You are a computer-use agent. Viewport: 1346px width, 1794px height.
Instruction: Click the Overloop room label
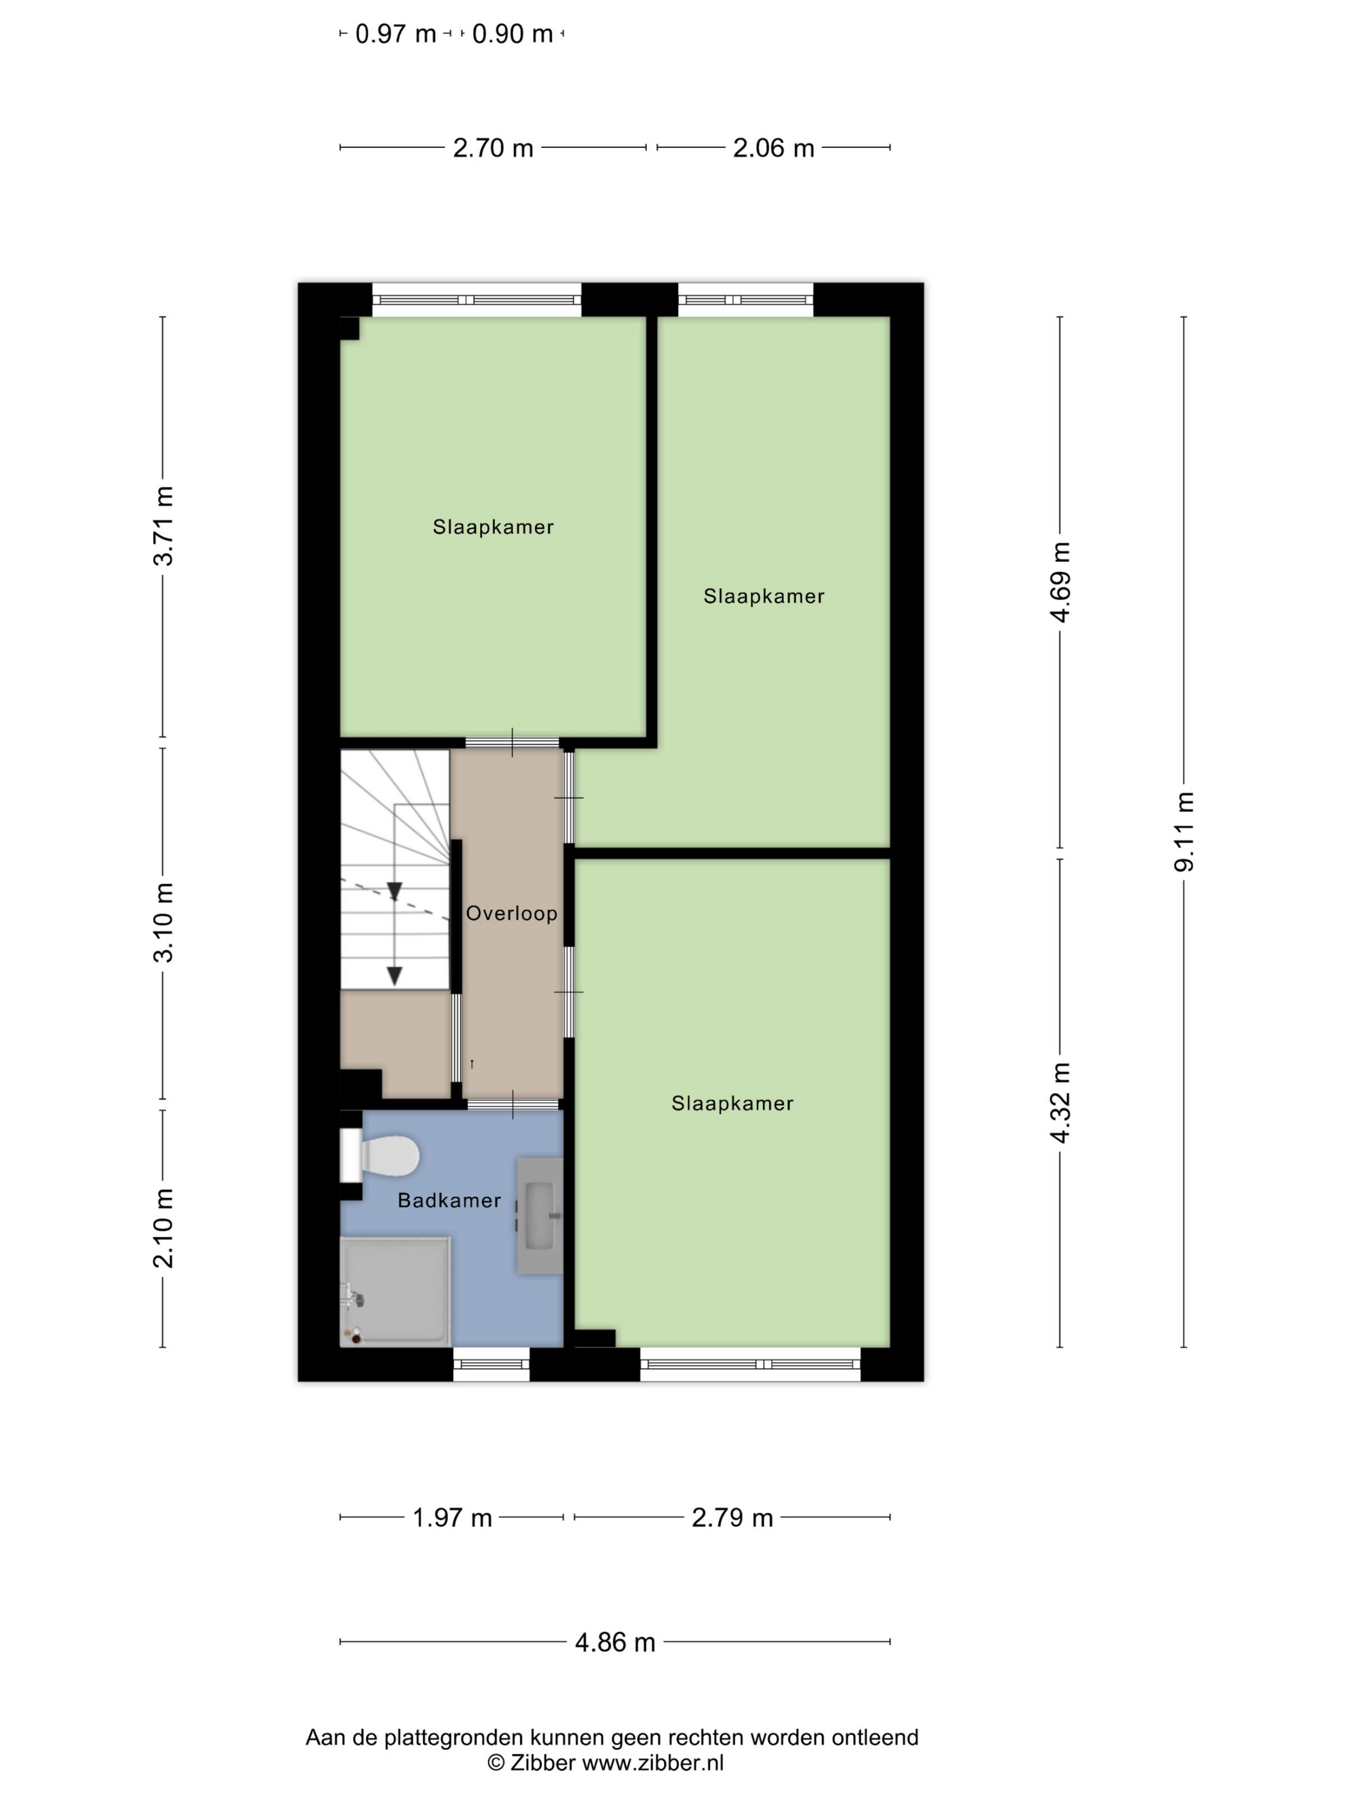pyautogui.click(x=511, y=913)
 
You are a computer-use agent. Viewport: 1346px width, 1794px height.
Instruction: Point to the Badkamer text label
pyautogui.click(x=449, y=1200)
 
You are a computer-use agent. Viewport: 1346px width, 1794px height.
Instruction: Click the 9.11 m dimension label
pyautogui.click(x=1184, y=831)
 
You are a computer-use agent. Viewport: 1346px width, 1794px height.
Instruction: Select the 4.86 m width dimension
pyautogui.click(x=615, y=1642)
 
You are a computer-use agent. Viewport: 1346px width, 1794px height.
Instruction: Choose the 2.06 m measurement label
pyautogui.click(x=773, y=147)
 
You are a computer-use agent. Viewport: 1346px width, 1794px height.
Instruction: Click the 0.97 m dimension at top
pyautogui.click(x=396, y=34)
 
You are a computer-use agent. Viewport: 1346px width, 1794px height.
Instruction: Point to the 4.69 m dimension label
pyautogui.click(x=1060, y=582)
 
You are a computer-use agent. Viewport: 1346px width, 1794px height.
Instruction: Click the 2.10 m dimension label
pyautogui.click(x=164, y=1228)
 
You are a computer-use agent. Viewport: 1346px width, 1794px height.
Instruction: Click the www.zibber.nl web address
pyautogui.click(x=652, y=1763)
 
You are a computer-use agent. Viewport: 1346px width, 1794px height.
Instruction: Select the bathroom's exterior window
pyautogui.click(x=491, y=1364)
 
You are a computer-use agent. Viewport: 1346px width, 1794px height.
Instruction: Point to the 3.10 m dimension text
pyautogui.click(x=164, y=922)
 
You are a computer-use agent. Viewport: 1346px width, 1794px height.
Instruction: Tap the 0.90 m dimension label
pyautogui.click(x=513, y=34)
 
